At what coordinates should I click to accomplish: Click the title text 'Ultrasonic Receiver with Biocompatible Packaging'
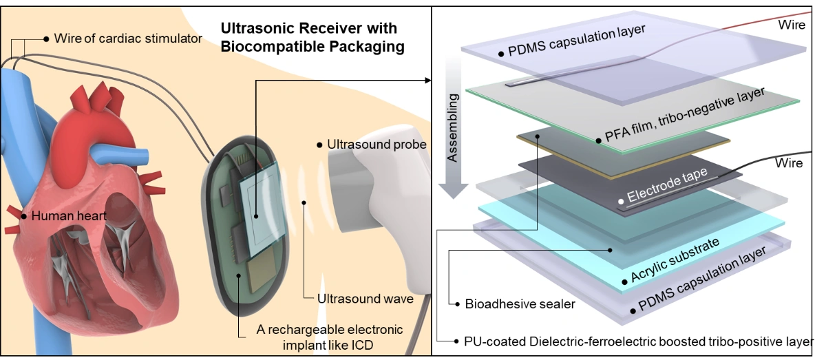tap(313, 37)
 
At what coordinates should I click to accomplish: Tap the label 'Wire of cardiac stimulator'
tap(128, 39)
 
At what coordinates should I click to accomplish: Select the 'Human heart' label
tap(69, 215)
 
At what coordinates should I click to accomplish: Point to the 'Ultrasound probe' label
tap(377, 145)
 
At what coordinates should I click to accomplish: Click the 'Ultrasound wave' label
tap(365, 299)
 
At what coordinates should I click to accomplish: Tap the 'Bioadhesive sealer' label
tap(520, 304)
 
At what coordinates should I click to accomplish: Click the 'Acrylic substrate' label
tap(675, 260)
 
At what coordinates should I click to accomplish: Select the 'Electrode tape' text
tap(667, 184)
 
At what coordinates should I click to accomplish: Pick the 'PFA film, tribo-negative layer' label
tap(684, 115)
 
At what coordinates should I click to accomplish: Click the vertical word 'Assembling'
tap(452, 128)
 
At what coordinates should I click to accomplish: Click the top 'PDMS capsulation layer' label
tap(576, 41)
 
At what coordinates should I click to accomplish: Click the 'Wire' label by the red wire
tap(792, 25)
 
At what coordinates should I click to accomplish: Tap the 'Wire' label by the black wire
tap(789, 163)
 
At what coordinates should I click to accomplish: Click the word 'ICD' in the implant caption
tap(362, 346)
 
